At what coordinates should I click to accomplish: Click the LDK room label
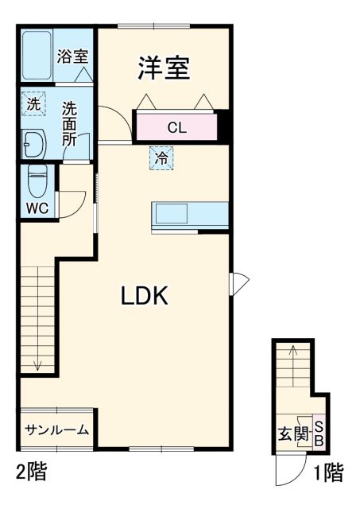click(144, 296)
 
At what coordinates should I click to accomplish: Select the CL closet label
click(176, 126)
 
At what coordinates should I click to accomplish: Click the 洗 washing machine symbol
click(33, 103)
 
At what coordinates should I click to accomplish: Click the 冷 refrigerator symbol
click(161, 158)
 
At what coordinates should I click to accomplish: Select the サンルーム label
click(56, 430)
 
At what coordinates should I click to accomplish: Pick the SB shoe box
click(319, 431)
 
